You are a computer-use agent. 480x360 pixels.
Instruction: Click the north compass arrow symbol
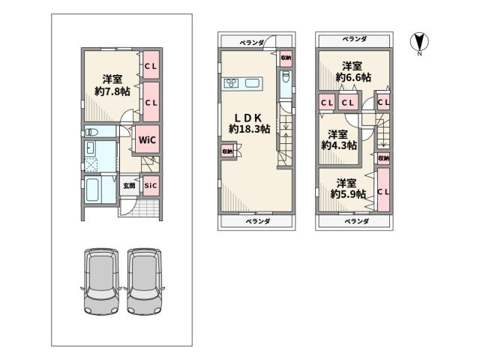(418, 43)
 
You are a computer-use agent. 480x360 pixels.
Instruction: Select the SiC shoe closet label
(150, 185)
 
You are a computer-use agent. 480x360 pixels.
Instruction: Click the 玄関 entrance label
(128, 185)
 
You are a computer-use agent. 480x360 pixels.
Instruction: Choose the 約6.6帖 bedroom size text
(350, 77)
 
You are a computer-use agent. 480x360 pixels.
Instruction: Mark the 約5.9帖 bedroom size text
(346, 194)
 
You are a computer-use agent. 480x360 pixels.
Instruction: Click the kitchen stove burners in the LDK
(231, 83)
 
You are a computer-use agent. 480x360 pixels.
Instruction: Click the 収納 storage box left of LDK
(226, 151)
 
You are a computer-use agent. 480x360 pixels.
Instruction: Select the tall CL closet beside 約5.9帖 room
(383, 191)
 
